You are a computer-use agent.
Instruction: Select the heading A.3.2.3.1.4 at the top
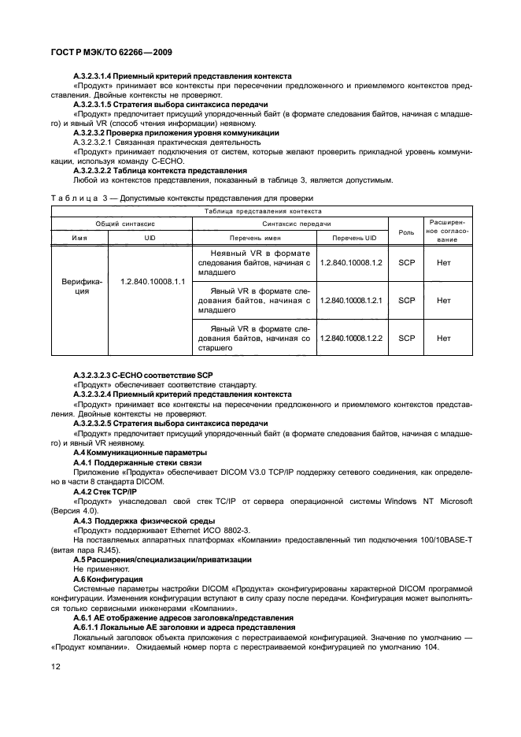(182, 76)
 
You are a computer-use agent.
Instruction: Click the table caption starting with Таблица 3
(182, 198)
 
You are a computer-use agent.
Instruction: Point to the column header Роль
(406, 231)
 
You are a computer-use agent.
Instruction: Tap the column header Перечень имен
(255, 238)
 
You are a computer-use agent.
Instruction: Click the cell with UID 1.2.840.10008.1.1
(152, 280)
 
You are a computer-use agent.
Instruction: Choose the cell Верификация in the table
(76, 285)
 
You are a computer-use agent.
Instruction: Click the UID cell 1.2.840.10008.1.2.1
(350, 300)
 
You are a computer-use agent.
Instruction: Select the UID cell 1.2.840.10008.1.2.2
(350, 338)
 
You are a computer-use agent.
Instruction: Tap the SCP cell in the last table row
(406, 338)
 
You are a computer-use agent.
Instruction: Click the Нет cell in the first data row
(444, 262)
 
